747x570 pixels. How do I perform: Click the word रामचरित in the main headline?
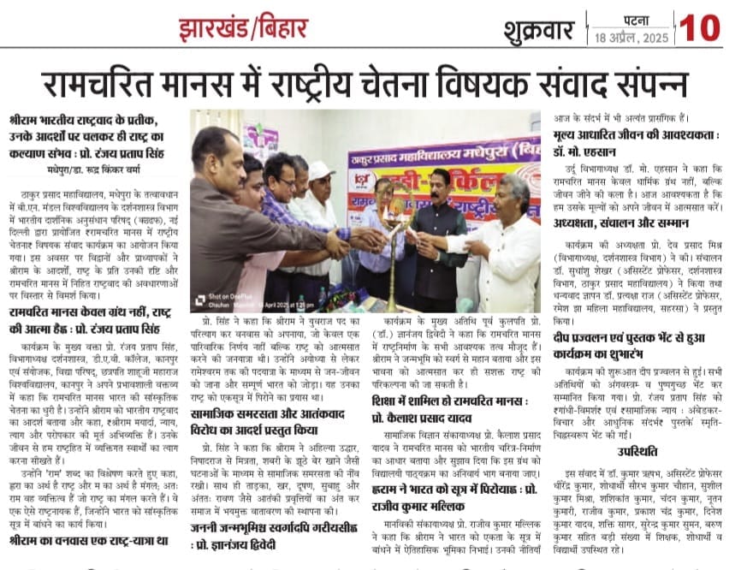tap(101, 83)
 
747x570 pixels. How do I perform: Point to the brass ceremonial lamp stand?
tap(393, 265)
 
